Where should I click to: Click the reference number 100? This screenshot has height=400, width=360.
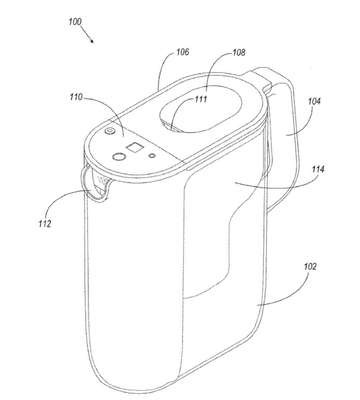tap(75, 22)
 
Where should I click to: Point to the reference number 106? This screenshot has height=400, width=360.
tap(183, 52)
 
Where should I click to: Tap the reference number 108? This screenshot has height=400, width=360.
tap(239, 53)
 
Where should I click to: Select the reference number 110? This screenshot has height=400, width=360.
tap(76, 98)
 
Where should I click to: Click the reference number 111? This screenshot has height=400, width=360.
tap(201, 99)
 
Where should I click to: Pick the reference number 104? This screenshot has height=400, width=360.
tap(314, 101)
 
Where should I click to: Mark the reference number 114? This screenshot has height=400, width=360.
tap(318, 170)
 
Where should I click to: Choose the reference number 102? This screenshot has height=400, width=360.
tap(310, 267)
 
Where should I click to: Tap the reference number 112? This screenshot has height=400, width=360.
tap(45, 223)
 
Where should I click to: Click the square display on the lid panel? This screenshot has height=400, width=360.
tap(136, 147)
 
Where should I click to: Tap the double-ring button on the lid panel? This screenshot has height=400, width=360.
tap(109, 131)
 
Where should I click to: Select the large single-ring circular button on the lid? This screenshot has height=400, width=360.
tap(119, 156)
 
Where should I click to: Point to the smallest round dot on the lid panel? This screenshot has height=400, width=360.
tap(153, 155)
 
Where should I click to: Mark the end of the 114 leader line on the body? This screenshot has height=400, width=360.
tap(234, 182)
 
